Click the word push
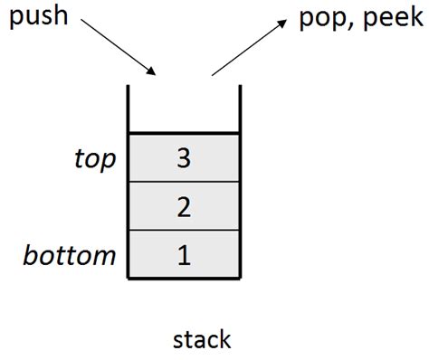point(37,17)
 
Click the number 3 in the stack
point(184,159)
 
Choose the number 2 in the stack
point(184,207)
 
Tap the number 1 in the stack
point(184,255)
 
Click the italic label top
point(95,160)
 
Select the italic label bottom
point(70,255)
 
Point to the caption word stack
point(202,339)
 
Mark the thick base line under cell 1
point(184,279)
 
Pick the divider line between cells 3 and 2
point(184,183)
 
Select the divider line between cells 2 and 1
point(184,231)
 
